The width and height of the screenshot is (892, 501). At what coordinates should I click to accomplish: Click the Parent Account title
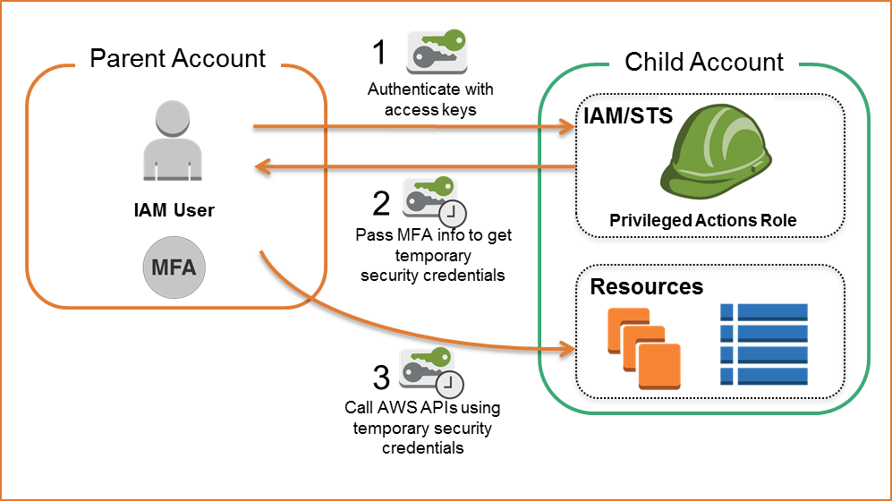[x=178, y=59]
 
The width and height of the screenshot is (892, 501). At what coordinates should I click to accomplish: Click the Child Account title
[x=703, y=62]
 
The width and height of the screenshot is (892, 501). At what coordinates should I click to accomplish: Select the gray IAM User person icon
[x=174, y=143]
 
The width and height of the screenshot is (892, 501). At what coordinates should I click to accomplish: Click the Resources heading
[x=646, y=287]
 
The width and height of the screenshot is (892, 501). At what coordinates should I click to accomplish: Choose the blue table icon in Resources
[x=764, y=344]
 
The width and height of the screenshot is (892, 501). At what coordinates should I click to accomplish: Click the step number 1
[x=379, y=53]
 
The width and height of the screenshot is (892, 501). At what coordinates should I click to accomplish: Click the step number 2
[x=381, y=203]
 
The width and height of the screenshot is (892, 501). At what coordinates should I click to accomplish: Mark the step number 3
[x=381, y=378]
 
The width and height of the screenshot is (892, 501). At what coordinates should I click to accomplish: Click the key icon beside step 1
[x=437, y=51]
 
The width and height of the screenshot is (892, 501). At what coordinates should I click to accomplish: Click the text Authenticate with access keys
[x=429, y=100]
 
